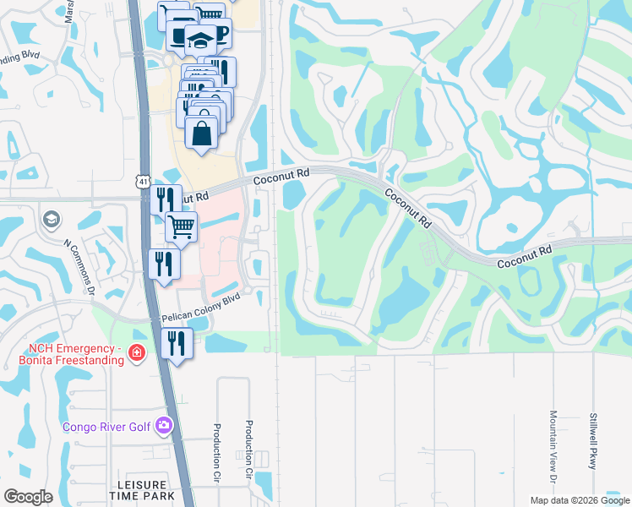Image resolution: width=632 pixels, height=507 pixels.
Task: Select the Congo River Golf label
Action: tap(106, 426)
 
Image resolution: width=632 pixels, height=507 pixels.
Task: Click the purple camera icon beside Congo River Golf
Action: tap(164, 425)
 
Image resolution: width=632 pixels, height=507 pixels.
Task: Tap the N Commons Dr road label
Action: tap(83, 264)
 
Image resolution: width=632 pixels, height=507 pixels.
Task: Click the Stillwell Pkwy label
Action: tap(594, 440)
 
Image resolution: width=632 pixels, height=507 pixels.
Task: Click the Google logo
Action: tap(28, 497)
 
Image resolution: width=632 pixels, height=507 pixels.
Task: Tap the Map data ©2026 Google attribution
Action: tap(579, 499)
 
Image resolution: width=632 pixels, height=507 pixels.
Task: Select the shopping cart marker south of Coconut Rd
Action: tap(180, 226)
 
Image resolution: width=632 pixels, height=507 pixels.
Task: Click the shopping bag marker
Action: tap(202, 133)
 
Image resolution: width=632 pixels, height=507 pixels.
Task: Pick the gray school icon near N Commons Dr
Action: tap(50, 220)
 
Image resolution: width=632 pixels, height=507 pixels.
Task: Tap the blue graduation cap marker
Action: tap(200, 39)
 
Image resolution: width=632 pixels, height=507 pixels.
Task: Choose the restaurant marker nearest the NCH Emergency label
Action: tap(177, 342)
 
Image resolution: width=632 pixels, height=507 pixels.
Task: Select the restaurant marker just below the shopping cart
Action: tap(164, 263)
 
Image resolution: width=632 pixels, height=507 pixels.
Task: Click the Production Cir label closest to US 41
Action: tap(217, 451)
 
